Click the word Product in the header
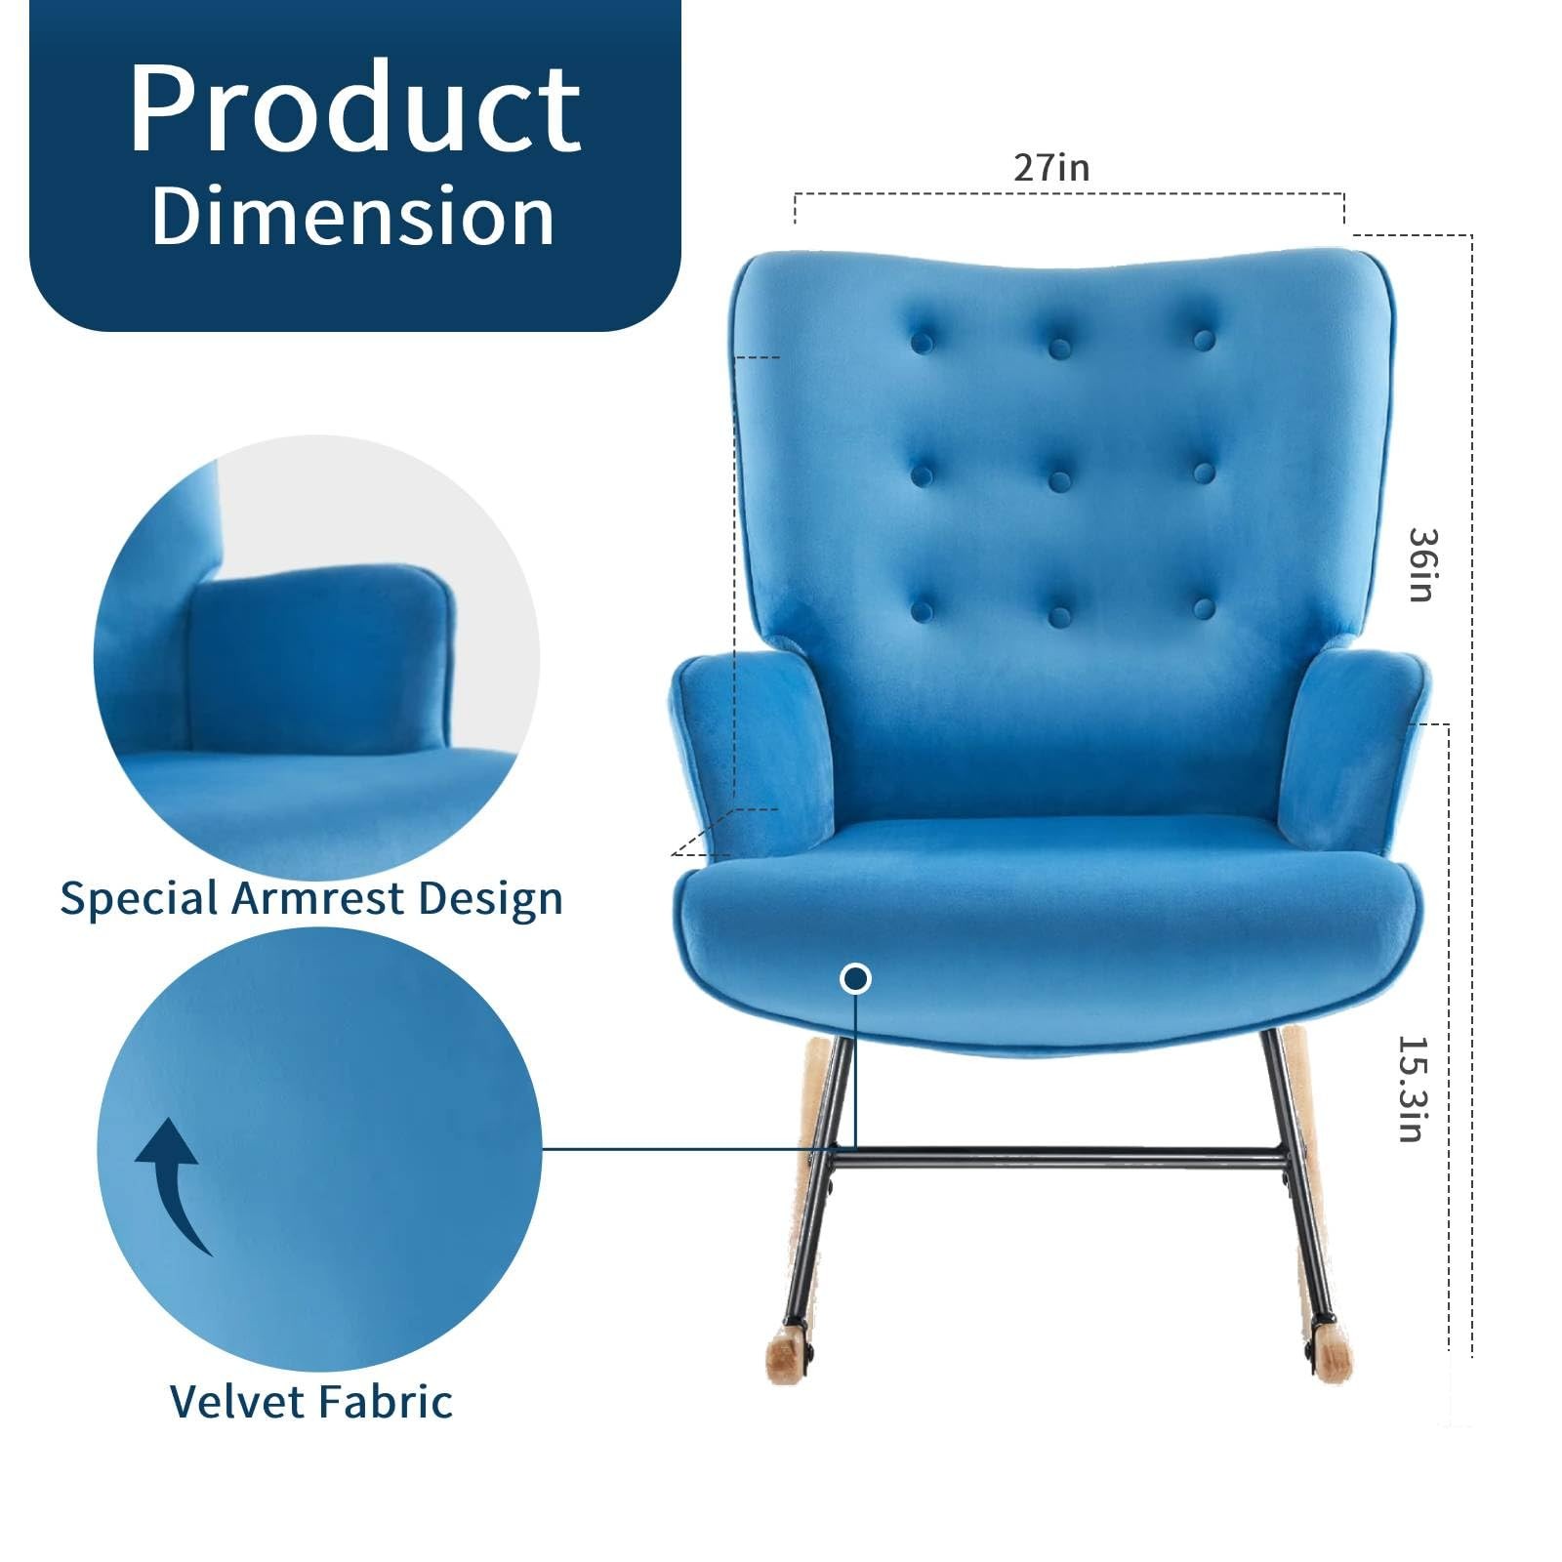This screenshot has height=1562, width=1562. (x=355, y=108)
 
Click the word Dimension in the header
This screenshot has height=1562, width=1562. (x=353, y=216)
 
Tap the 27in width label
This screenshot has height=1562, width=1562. (x=1050, y=167)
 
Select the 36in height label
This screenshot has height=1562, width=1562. (x=1422, y=565)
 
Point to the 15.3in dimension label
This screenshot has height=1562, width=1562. (x=1413, y=1089)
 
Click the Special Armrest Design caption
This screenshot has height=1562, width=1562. (x=311, y=897)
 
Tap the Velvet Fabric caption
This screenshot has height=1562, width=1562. (x=311, y=1401)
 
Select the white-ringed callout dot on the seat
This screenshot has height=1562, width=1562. (x=856, y=978)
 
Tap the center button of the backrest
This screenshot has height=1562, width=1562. (x=1060, y=479)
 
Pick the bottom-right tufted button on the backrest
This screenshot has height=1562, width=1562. (x=1203, y=608)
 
